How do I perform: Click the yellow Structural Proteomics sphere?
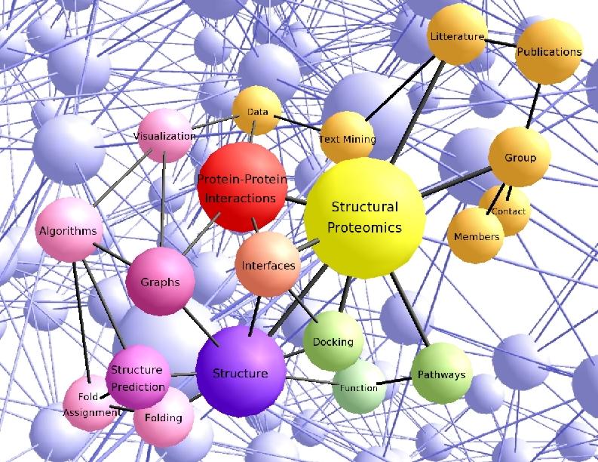(364, 217)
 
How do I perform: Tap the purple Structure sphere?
(240, 372)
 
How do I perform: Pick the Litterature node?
(457, 35)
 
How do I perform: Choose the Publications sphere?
(549, 52)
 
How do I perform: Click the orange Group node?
(520, 157)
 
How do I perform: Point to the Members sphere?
(476, 236)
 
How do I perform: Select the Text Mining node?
(347, 138)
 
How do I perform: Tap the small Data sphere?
(257, 112)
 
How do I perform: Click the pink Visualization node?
(164, 136)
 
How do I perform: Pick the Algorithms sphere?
(68, 230)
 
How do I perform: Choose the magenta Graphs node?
(160, 282)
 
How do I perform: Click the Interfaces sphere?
(268, 265)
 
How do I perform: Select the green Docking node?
(333, 341)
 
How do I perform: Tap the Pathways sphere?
(441, 374)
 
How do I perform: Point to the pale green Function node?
(359, 387)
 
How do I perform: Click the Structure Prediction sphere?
(136, 377)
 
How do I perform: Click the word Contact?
(509, 211)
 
